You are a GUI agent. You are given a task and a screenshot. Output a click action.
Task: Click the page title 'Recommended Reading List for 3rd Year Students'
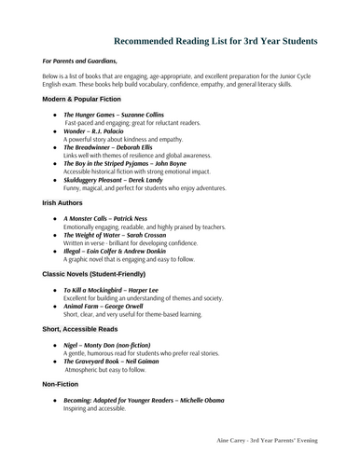(x=215, y=41)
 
